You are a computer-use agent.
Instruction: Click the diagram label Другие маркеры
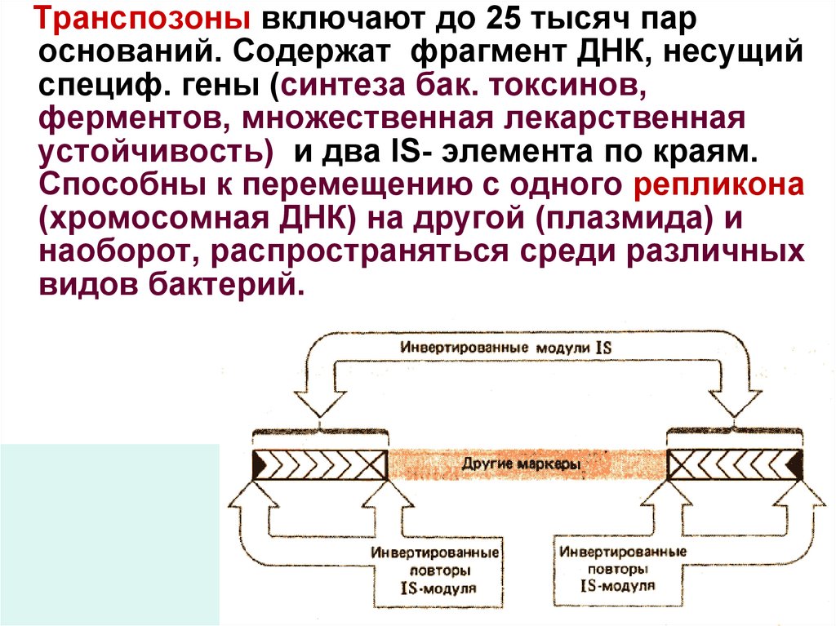click(521, 464)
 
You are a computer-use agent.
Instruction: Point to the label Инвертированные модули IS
click(505, 347)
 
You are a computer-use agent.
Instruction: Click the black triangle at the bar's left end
click(260, 465)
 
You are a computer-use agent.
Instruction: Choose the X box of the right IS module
click(682, 464)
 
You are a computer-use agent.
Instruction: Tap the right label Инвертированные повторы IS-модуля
click(618, 568)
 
